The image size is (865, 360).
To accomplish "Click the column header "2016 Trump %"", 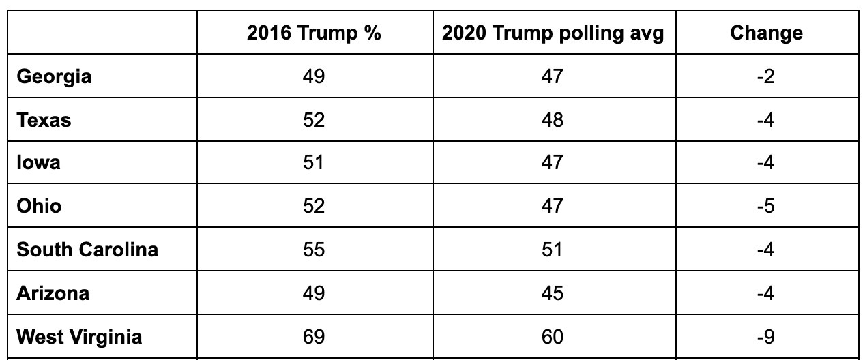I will (x=314, y=33).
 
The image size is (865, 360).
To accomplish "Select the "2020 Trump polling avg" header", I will (x=553, y=33).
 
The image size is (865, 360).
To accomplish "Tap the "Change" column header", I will (x=765, y=33).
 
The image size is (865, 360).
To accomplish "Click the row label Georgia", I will (x=54, y=76).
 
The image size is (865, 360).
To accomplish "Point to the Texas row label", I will (x=44, y=120).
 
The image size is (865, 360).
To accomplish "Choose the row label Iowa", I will (x=38, y=163).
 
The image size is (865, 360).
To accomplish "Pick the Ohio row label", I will (x=39, y=206).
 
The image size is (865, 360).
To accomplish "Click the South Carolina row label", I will (x=87, y=250).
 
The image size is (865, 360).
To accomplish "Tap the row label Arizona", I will (x=53, y=293).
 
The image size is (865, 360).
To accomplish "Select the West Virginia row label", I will (x=79, y=337).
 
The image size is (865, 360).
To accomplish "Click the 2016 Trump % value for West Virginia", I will (x=314, y=337).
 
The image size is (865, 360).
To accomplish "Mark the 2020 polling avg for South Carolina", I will (x=553, y=250).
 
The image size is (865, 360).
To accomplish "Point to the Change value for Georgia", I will (x=765, y=76).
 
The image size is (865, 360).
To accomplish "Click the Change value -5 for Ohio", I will (x=765, y=206).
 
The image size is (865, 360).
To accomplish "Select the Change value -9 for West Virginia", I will (x=765, y=337).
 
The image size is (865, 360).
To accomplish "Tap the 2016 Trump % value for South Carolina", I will (x=314, y=250).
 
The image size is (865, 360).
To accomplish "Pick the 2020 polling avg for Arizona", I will (x=553, y=293).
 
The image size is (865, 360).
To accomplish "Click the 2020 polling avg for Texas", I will (x=553, y=120).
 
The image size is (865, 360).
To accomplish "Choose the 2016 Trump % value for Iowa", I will (x=314, y=163).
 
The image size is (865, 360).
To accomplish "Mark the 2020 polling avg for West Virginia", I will (x=553, y=337).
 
